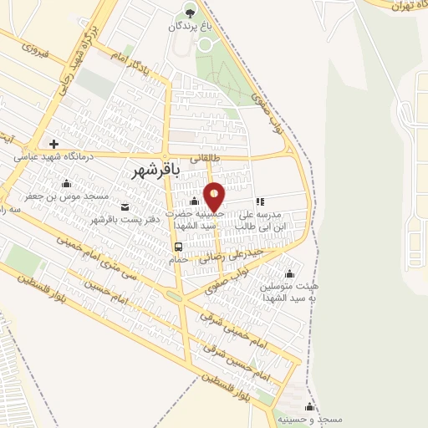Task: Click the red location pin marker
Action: [214, 196]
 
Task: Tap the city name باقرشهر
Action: [156, 171]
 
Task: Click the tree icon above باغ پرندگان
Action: [190, 13]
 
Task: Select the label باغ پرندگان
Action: [190, 27]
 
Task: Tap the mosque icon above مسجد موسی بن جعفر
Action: [66, 183]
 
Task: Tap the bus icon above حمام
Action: [177, 247]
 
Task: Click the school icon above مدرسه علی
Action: [260, 201]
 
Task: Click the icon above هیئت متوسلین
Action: [290, 273]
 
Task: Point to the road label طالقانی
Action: [206, 156]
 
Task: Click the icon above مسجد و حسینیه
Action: [309, 406]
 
